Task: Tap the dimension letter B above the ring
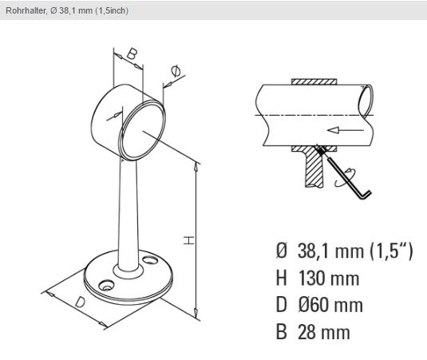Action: [131, 53]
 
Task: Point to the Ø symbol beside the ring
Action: [176, 71]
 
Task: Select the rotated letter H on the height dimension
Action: [188, 240]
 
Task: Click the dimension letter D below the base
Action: [80, 303]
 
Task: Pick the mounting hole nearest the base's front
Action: [106, 285]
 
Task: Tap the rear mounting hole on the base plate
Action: [150, 260]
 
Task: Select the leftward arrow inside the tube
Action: [346, 130]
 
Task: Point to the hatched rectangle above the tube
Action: [314, 81]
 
